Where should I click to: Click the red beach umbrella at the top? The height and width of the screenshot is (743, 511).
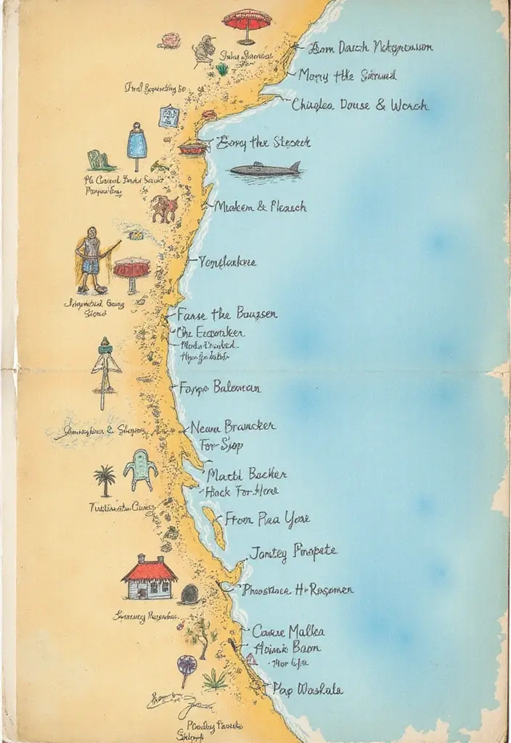(x=247, y=22)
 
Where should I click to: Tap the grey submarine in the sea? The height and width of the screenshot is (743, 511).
(x=264, y=171)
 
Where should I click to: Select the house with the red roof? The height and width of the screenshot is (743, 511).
(x=150, y=578)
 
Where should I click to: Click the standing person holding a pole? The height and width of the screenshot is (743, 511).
(x=91, y=260)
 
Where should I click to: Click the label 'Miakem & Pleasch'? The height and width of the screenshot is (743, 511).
(x=260, y=206)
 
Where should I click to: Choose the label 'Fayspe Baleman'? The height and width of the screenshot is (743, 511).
(x=219, y=387)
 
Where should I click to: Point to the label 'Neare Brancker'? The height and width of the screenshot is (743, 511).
(x=232, y=427)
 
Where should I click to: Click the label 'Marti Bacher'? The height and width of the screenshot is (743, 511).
(x=246, y=475)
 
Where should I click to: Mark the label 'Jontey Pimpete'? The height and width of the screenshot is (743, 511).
(x=293, y=552)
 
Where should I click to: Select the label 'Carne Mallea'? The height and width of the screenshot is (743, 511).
(x=288, y=631)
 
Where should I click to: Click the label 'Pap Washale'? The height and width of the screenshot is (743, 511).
(x=307, y=689)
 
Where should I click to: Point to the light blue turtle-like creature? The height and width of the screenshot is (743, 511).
(x=140, y=469)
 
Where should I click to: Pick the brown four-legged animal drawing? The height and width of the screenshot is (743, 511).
(x=164, y=209)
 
